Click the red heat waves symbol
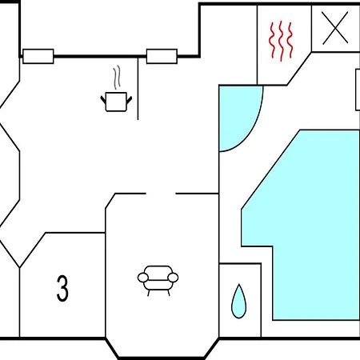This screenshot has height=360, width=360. [281, 41]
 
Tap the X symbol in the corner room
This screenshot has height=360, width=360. [335, 27]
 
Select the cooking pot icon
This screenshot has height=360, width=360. [116, 102]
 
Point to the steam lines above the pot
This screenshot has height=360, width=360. [117, 78]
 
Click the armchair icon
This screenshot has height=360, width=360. [158, 281]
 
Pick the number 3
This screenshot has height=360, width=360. [62, 289]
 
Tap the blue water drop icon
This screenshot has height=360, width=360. [238, 301]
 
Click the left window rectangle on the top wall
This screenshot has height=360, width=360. [38, 56]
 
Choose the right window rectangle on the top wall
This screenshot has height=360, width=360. [162, 56]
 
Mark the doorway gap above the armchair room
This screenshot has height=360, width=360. [161, 194]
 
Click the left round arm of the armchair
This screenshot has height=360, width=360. [142, 278]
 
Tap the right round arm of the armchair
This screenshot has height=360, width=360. [174, 278]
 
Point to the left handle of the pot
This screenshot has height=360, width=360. [103, 100]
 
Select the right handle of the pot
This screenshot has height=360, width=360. [129, 100]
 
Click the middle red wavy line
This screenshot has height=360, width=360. [282, 41]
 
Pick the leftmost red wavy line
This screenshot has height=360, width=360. [273, 40]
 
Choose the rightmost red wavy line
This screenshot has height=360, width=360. [290, 40]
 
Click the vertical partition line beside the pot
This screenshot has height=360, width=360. [138, 88]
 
